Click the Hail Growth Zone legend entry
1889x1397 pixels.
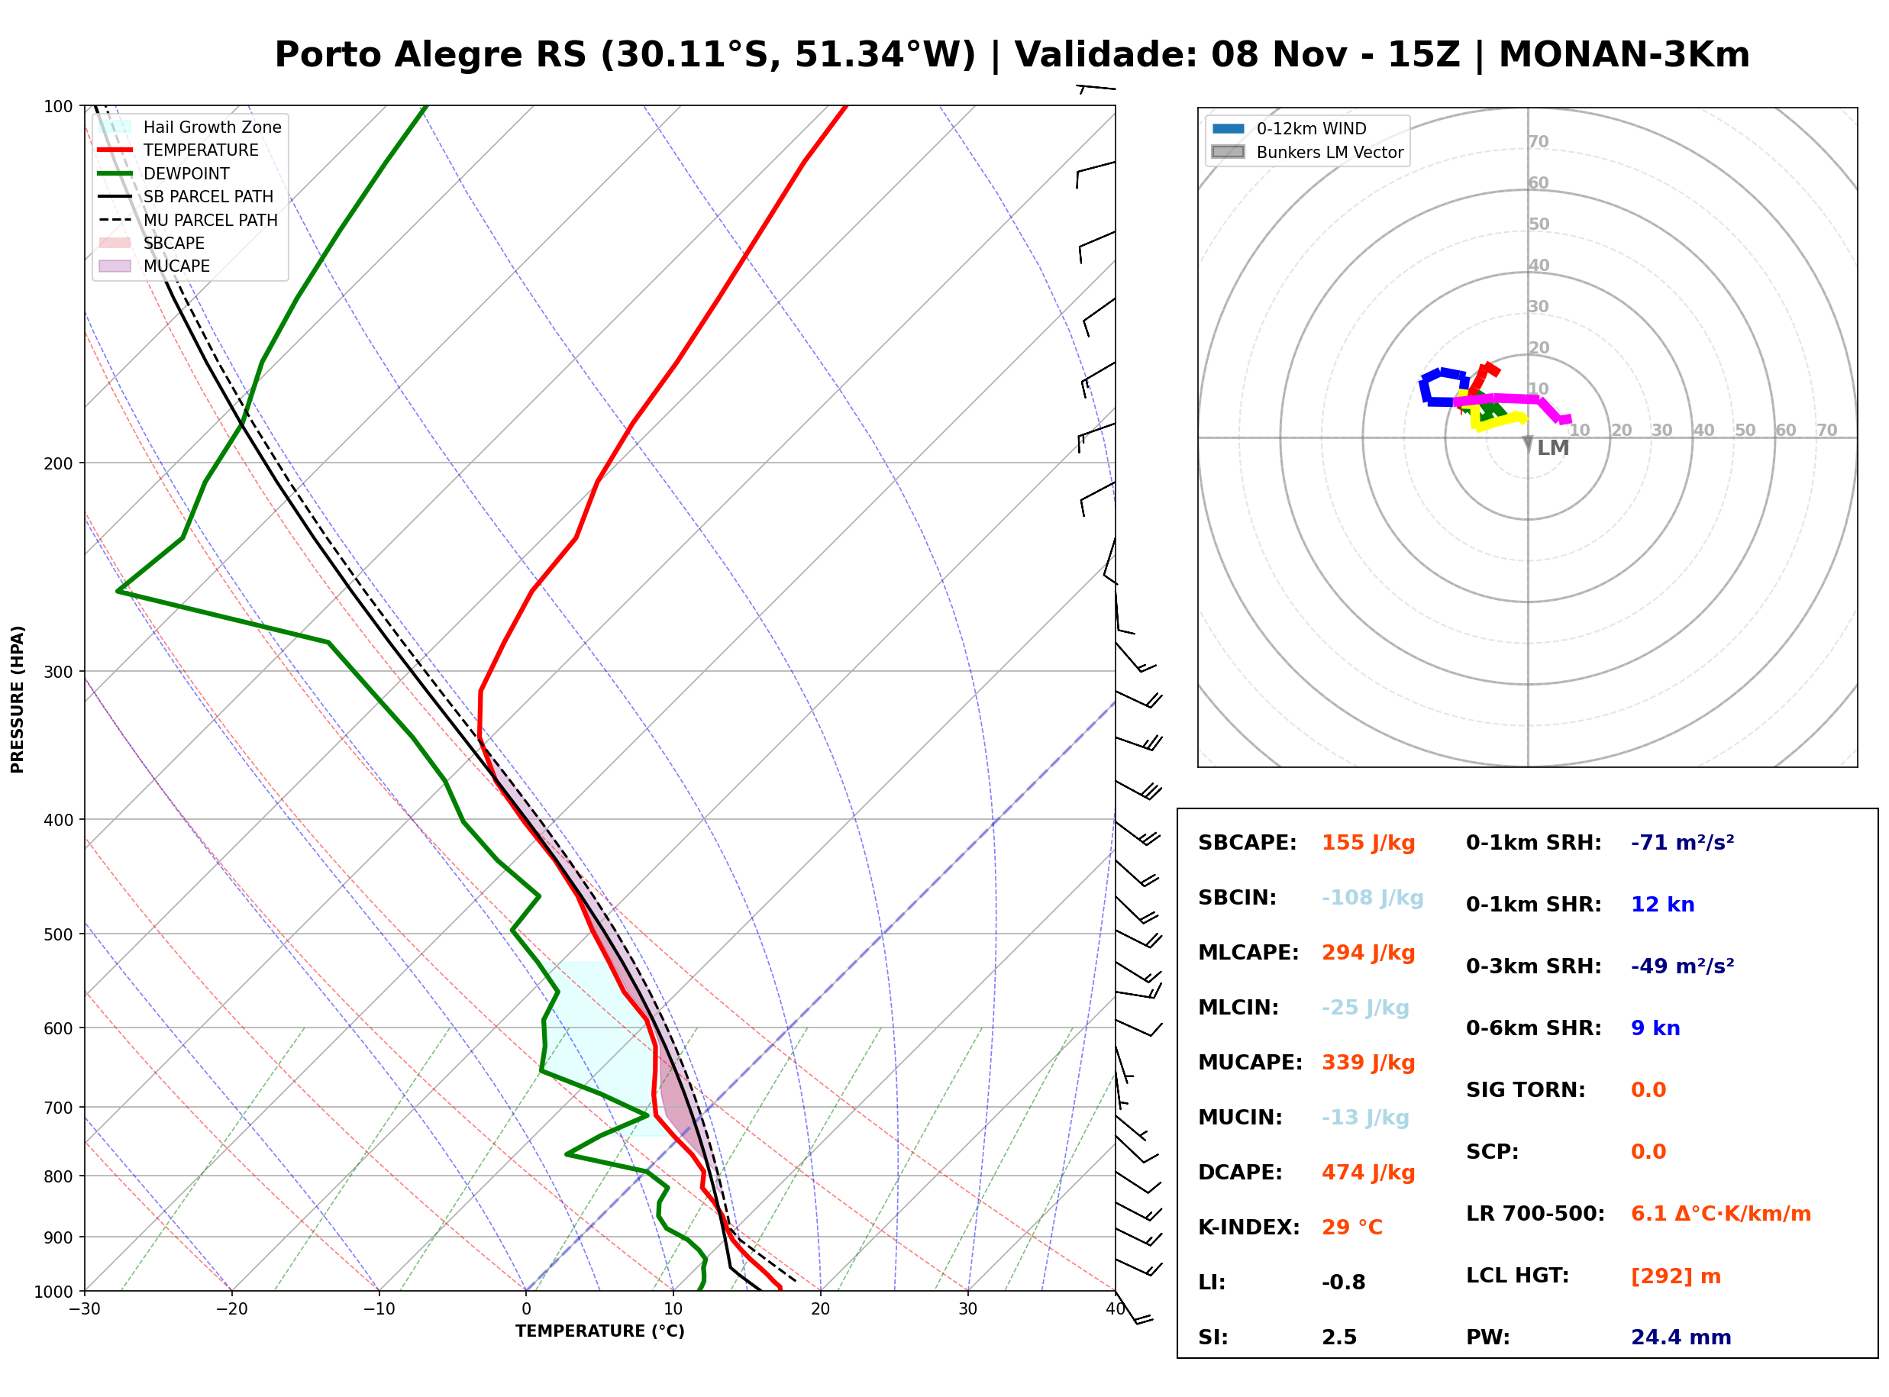tap(189, 127)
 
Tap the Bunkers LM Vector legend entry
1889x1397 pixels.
tap(1307, 152)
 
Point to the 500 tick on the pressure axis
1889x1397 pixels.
tap(57, 934)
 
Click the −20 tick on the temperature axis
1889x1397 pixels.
tap(231, 1309)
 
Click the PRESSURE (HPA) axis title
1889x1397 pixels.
tap(18, 699)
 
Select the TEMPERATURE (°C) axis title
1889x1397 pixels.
tap(599, 1331)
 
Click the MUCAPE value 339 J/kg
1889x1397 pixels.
tap(1368, 1062)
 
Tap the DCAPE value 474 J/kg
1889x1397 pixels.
tap(1368, 1172)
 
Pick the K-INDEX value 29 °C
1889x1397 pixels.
tap(1352, 1227)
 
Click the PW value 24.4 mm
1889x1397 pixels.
tap(1681, 1337)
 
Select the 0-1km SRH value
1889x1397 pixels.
tap(1683, 842)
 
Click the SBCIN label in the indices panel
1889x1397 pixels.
tap(1237, 897)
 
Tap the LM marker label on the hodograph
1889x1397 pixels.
tap(1552, 448)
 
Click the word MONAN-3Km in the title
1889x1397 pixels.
tap(1624, 55)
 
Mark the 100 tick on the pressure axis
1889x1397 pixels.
tap(57, 107)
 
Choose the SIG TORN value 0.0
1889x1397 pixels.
tap(1648, 1090)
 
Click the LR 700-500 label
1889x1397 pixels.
tap(1535, 1214)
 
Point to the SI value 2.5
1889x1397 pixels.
tap(1339, 1337)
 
